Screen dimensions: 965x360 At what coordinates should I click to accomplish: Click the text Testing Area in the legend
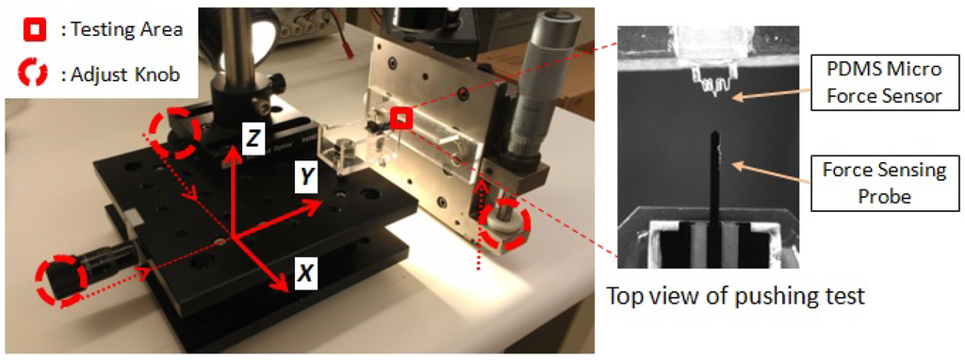[x=122, y=29]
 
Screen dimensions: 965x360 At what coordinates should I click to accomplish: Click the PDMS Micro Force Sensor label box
[x=877, y=83]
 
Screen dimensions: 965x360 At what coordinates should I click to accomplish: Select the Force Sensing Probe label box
[x=877, y=183]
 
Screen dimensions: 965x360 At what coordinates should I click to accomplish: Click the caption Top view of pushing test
[x=737, y=295]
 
